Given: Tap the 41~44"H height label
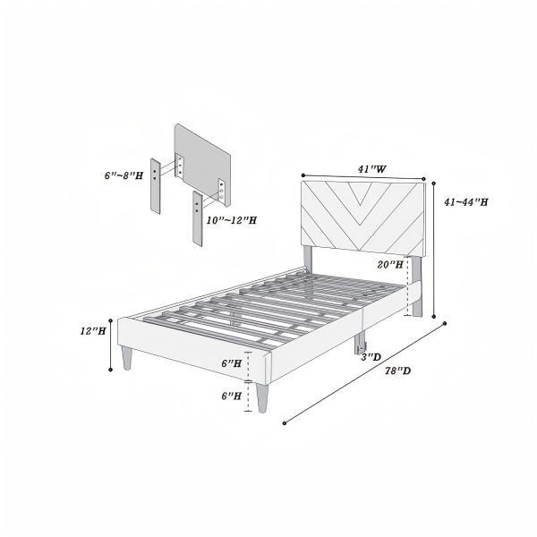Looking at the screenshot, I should click(466, 202).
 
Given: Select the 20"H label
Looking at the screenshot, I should click(389, 265).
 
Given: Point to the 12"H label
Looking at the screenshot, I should click(93, 330).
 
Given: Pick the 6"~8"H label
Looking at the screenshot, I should click(123, 175).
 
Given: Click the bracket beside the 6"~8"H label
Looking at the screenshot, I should click(157, 183).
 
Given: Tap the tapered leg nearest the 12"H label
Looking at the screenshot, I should click(125, 357).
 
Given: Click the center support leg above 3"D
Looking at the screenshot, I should click(362, 341).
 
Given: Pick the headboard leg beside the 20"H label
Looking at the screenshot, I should click(415, 286).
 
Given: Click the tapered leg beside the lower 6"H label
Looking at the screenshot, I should click(263, 396).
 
